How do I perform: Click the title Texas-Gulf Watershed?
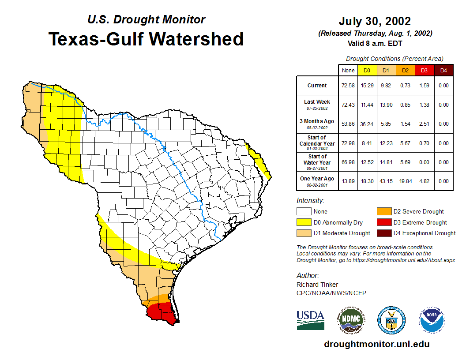(x=146, y=39)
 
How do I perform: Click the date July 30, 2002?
(x=375, y=21)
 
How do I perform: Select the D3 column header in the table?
(x=424, y=71)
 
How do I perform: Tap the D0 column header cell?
(x=367, y=71)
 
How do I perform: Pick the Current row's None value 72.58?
(x=348, y=86)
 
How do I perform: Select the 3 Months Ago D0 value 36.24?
(x=367, y=124)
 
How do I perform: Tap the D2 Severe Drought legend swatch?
(x=383, y=212)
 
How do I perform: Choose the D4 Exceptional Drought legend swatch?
(x=383, y=233)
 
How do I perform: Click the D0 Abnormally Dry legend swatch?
(x=304, y=222)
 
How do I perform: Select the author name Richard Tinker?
(x=317, y=285)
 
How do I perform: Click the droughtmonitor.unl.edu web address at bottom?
(x=376, y=344)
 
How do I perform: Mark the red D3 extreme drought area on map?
(x=161, y=313)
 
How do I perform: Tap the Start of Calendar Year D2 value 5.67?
(x=405, y=143)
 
